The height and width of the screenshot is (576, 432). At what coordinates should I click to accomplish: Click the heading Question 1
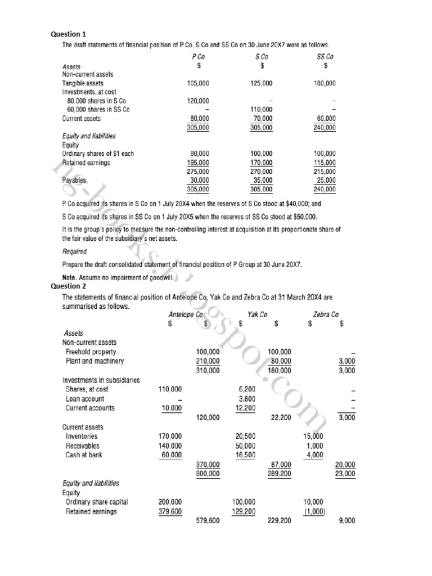(69, 34)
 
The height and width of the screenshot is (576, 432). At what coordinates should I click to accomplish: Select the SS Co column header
(325, 57)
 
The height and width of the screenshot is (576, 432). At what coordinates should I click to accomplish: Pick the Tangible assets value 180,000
(325, 83)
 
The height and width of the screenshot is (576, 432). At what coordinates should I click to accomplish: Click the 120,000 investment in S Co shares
(197, 101)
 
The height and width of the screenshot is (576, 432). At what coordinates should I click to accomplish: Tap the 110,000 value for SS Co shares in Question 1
(261, 110)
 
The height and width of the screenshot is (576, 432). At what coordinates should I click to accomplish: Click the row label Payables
(74, 181)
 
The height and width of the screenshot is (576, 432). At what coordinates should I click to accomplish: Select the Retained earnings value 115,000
(325, 163)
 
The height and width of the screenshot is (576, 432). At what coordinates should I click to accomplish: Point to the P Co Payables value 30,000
(199, 181)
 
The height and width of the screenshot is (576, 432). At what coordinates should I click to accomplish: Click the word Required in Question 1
(74, 251)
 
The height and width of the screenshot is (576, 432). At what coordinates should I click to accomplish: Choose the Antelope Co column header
(186, 314)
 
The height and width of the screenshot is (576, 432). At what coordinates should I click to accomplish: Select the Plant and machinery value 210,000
(208, 361)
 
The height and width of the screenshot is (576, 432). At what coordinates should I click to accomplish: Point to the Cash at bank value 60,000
(172, 454)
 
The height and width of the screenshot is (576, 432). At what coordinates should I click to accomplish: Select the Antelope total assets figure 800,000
(208, 474)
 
